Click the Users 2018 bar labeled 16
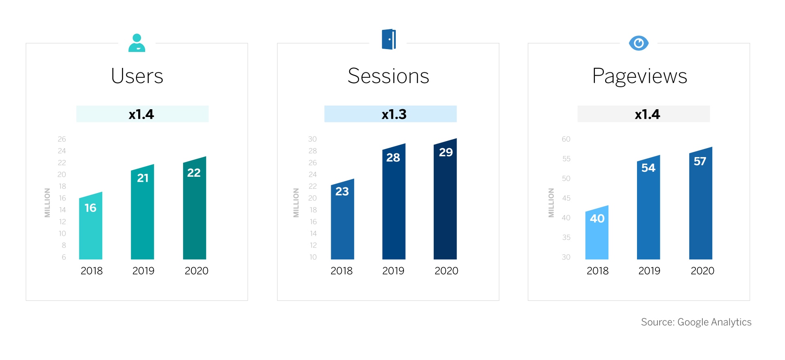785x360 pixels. point(90,226)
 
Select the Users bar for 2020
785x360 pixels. point(195,208)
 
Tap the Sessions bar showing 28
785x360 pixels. point(394,202)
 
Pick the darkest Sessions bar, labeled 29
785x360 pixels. point(445,199)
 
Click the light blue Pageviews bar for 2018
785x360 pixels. point(597,232)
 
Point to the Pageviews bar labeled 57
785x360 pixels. point(701,203)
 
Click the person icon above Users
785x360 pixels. point(137,43)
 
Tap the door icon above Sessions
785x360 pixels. point(389,39)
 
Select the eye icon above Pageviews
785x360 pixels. point(639,43)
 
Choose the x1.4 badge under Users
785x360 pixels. point(142,114)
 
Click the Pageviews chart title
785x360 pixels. point(639,76)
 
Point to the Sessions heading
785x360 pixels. point(388,76)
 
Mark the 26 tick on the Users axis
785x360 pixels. point(62,139)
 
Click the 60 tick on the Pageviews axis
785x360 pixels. point(566,139)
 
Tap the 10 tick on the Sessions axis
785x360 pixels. point(313,257)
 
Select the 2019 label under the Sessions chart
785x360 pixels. point(393,271)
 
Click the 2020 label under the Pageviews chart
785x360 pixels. point(702,271)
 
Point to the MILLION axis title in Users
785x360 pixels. point(47,203)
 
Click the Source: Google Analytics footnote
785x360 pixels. point(696,322)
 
